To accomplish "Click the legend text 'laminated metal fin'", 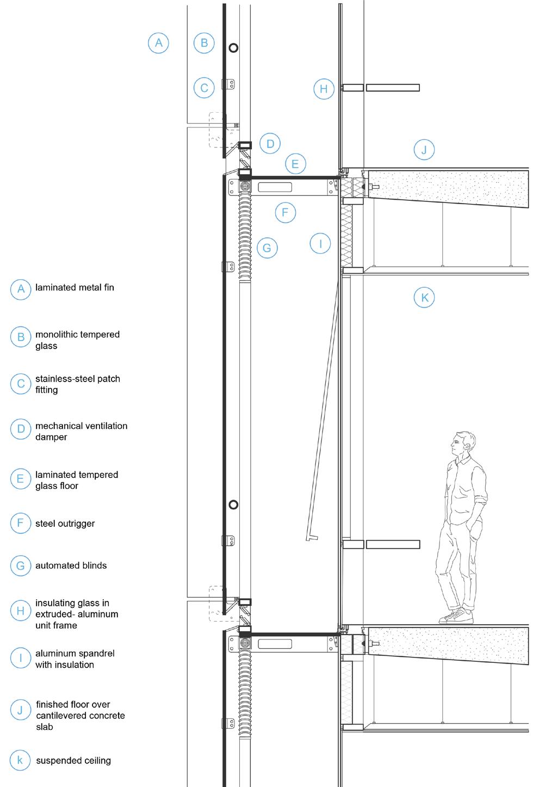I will (x=75, y=287).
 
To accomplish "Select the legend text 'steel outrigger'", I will (x=65, y=524).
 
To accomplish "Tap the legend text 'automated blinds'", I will (x=71, y=565).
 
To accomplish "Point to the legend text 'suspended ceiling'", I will (x=73, y=760).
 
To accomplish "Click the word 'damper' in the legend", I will (x=51, y=437).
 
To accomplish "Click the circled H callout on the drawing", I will (x=324, y=89).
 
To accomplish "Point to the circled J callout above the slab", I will (x=424, y=150).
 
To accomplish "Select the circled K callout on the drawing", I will (x=424, y=298).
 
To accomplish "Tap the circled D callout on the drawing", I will (x=270, y=144).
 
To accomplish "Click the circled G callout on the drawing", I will (x=266, y=248).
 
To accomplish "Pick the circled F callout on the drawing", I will (x=285, y=212).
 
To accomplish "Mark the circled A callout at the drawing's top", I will (x=158, y=42).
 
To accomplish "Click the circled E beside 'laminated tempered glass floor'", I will (x=20, y=479).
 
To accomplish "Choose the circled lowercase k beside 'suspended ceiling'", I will (x=20, y=760).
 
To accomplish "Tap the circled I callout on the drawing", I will (x=320, y=243).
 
